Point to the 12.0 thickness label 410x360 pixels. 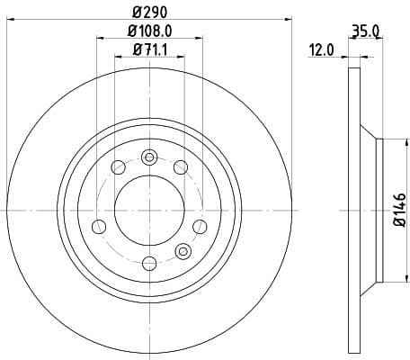tap(322, 52)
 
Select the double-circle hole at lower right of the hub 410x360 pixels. tap(183, 250)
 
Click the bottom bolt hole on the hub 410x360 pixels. tap(149, 262)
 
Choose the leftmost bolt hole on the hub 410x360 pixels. tap(99, 224)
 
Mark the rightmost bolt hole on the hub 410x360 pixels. tap(200, 224)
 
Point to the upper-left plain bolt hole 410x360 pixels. tap(119, 166)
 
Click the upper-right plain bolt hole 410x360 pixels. tap(180, 166)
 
